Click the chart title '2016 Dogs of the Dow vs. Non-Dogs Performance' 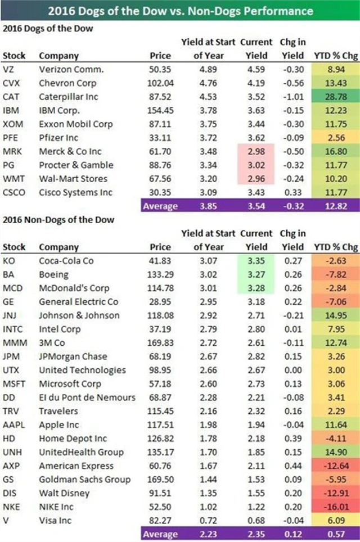tap(180, 10)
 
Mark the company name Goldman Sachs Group tap(84, 480)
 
